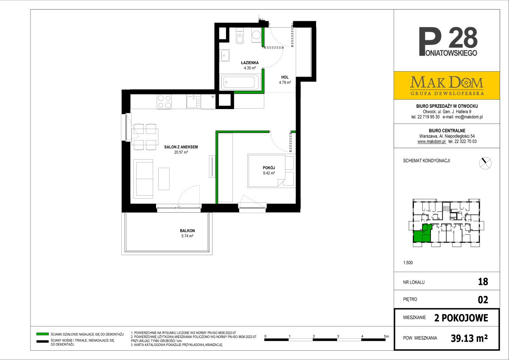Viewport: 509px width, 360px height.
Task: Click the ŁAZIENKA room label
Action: point(250,62)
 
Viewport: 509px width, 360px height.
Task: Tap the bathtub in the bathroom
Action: point(239,82)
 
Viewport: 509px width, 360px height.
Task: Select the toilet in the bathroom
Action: point(240,36)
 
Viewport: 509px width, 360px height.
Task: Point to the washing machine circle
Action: point(257,35)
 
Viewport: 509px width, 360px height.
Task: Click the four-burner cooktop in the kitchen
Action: point(164,101)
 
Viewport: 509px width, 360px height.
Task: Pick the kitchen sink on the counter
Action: point(193,101)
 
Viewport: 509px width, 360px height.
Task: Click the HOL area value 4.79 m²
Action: point(285,82)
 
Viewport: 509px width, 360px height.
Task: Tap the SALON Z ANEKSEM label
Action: point(181,147)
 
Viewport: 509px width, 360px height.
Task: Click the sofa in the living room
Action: point(143,179)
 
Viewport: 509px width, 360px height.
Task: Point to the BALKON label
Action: point(187,231)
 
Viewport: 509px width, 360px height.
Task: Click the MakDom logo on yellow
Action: point(447,85)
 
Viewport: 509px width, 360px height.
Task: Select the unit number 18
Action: point(483,282)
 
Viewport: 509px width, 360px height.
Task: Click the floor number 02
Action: point(483,300)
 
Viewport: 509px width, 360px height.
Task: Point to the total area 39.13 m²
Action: point(469,338)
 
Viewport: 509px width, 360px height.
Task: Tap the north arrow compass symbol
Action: point(485,163)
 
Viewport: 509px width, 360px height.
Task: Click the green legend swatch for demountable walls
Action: point(42,334)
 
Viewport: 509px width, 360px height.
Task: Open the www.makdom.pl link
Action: point(432,141)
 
